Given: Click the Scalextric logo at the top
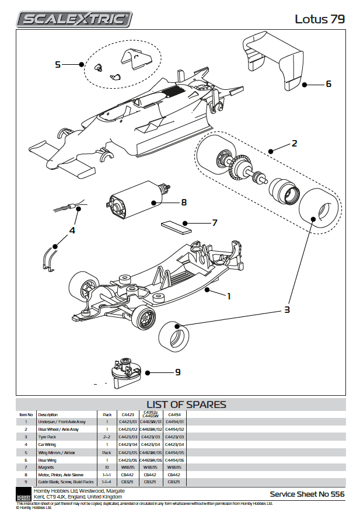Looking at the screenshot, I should pos(74,19).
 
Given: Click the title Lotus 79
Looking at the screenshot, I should pos(319,19).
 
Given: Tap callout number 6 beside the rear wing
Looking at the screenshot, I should pos(328,84).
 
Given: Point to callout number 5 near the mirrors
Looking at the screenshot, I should pos(58,64).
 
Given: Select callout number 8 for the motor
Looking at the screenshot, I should pos(183,203).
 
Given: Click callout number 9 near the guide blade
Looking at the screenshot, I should pos(177,372).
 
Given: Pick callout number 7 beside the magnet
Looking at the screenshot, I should pos(214,222).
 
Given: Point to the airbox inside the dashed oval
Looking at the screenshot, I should pos(135,59).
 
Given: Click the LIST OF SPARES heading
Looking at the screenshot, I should pos(186,405).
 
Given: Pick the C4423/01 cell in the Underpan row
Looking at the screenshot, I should pos(128,421).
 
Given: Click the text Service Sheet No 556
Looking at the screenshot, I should pos(307,494).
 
